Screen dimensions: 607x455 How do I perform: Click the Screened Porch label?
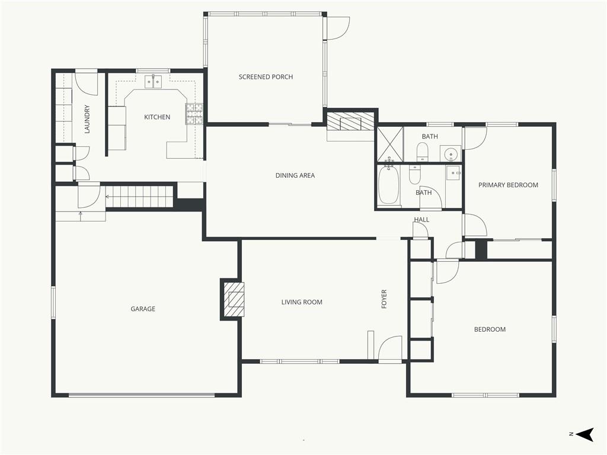(x=266, y=77)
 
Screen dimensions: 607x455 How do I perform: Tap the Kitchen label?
(x=157, y=117)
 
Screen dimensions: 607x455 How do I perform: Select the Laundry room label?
(x=87, y=119)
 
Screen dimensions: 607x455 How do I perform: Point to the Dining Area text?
(x=295, y=175)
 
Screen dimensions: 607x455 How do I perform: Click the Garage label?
(x=143, y=309)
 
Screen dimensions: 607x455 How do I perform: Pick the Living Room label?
(x=302, y=302)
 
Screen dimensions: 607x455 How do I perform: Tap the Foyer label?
(x=384, y=299)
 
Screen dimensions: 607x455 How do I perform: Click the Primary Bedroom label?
(x=508, y=185)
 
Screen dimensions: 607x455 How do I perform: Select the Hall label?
(x=421, y=219)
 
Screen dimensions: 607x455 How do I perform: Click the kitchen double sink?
(x=154, y=82)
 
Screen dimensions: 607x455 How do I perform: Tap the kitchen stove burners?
(x=194, y=114)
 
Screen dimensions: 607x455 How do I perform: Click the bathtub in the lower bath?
(x=388, y=185)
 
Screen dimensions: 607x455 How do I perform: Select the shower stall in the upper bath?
(x=390, y=144)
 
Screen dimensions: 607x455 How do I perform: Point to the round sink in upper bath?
(x=451, y=153)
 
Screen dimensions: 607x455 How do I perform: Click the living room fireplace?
(x=232, y=299)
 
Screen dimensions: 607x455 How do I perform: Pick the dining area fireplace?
(x=350, y=121)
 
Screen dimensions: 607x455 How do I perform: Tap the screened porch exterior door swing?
(x=338, y=28)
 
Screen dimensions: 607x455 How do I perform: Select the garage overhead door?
(x=142, y=395)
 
